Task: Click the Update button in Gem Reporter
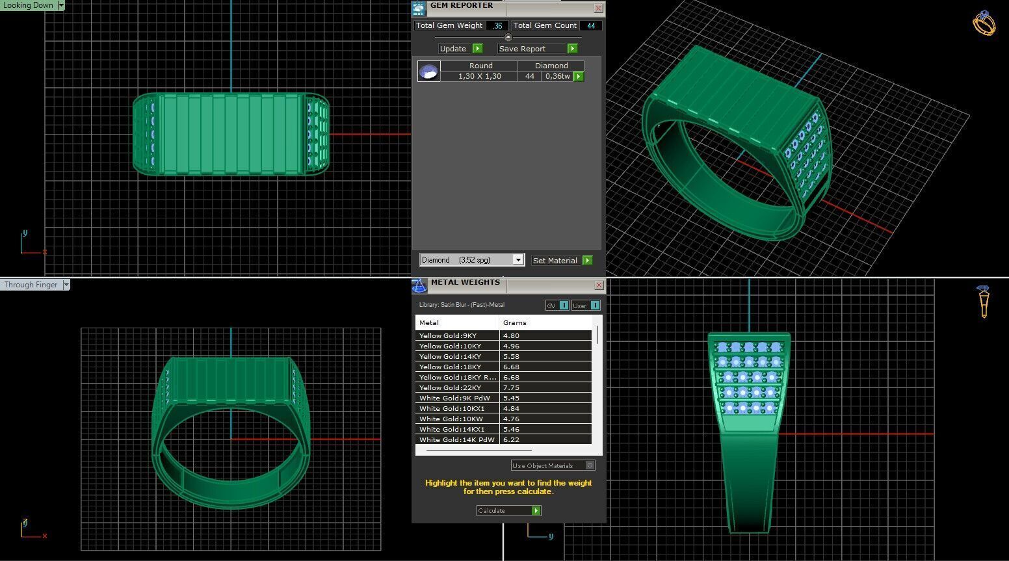[460, 49]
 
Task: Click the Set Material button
[561, 261]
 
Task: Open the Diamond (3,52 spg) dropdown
[518, 260]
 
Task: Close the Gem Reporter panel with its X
[598, 8]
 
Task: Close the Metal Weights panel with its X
[599, 285]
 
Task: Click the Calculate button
[508, 511]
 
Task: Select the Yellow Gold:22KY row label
[451, 387]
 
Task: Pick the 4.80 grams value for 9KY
[512, 336]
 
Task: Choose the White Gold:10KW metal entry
[451, 419]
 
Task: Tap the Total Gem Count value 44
[590, 26]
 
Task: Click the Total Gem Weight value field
[497, 26]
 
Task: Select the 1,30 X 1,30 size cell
[479, 76]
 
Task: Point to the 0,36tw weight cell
[557, 76]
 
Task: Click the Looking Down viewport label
[29, 5]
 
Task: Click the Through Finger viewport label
[31, 285]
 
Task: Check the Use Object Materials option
[590, 465]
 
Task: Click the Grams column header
[514, 322]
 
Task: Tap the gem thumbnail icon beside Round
[429, 72]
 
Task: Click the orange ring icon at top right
[984, 23]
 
